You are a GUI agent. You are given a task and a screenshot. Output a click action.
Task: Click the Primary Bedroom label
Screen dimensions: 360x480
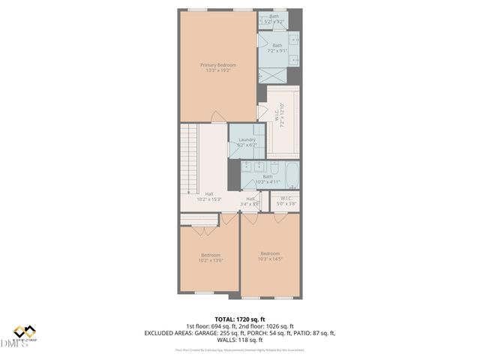pos(217,65)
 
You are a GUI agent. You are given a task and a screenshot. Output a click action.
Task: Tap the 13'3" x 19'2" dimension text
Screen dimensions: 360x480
pos(217,71)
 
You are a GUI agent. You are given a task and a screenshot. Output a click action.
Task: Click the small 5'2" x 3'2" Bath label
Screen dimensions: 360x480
pos(274,16)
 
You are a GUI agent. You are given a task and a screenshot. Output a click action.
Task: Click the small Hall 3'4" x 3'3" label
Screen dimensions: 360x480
pos(250,200)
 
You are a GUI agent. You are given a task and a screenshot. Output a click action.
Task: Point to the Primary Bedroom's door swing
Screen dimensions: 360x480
pos(217,116)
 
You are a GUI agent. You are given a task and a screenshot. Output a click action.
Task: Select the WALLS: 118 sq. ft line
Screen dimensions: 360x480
pos(240,339)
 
